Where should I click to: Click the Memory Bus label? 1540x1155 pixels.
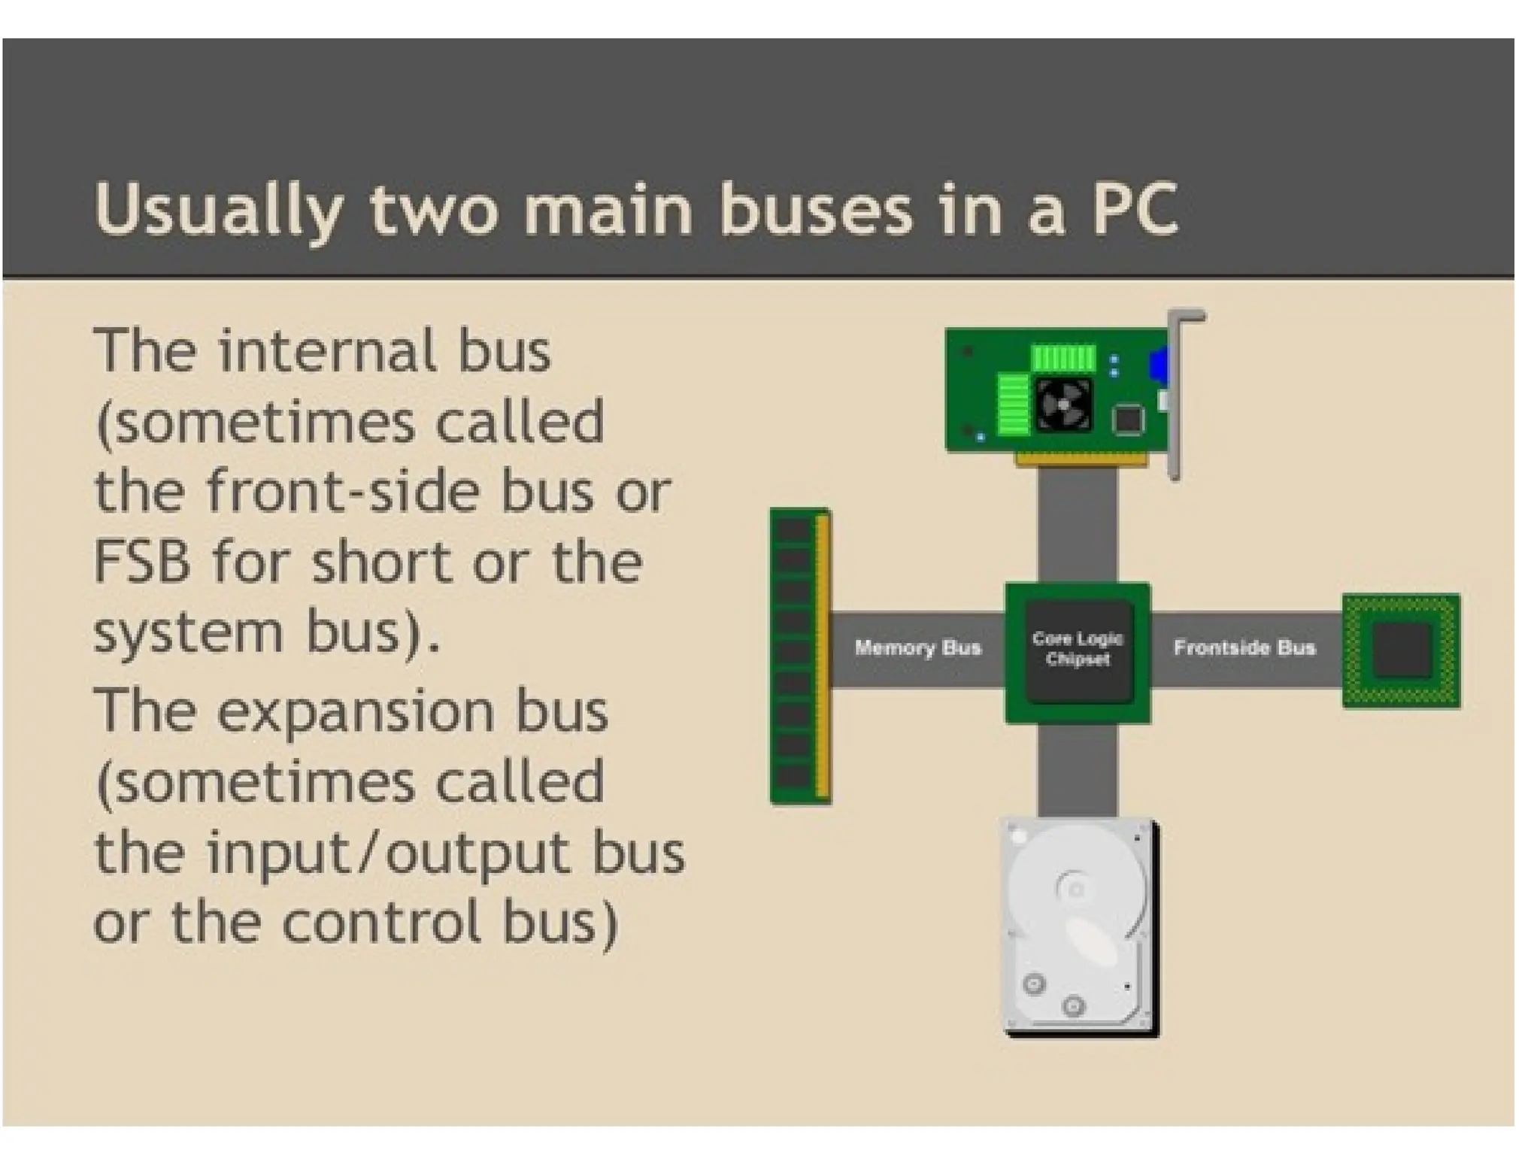click(917, 647)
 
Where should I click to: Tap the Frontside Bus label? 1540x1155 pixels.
click(1244, 647)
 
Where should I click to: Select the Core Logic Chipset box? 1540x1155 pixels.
click(1078, 651)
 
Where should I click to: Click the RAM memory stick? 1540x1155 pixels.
click(800, 656)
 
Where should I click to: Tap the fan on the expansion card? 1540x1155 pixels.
click(1064, 405)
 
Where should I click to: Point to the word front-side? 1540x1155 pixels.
click(342, 492)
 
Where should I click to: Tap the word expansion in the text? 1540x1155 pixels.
click(355, 711)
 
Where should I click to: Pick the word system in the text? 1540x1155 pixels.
click(189, 633)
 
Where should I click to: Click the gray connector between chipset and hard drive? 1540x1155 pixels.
click(1078, 771)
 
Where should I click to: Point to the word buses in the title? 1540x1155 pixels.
click(815, 210)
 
